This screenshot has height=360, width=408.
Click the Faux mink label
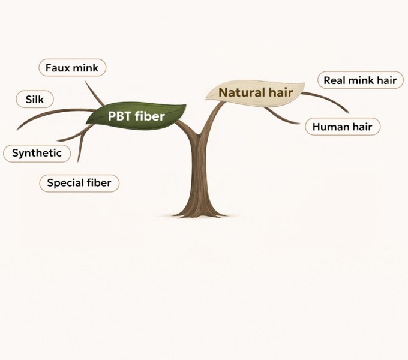pyautogui.click(x=72, y=68)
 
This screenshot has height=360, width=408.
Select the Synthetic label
pyautogui.click(x=37, y=153)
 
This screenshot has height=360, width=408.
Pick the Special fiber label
pyautogui.click(x=79, y=183)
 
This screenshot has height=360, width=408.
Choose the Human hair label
pyautogui.click(x=342, y=127)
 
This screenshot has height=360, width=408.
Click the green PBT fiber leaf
pyautogui.click(x=136, y=115)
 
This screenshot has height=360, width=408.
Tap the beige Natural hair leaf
pyautogui.click(x=256, y=92)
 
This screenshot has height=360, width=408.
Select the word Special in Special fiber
pyautogui.click(x=65, y=183)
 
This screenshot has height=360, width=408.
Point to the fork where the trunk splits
pyautogui.click(x=200, y=136)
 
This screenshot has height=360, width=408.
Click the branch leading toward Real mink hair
pyautogui.click(x=327, y=98)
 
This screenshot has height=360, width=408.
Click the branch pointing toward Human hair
pyautogui.click(x=282, y=118)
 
